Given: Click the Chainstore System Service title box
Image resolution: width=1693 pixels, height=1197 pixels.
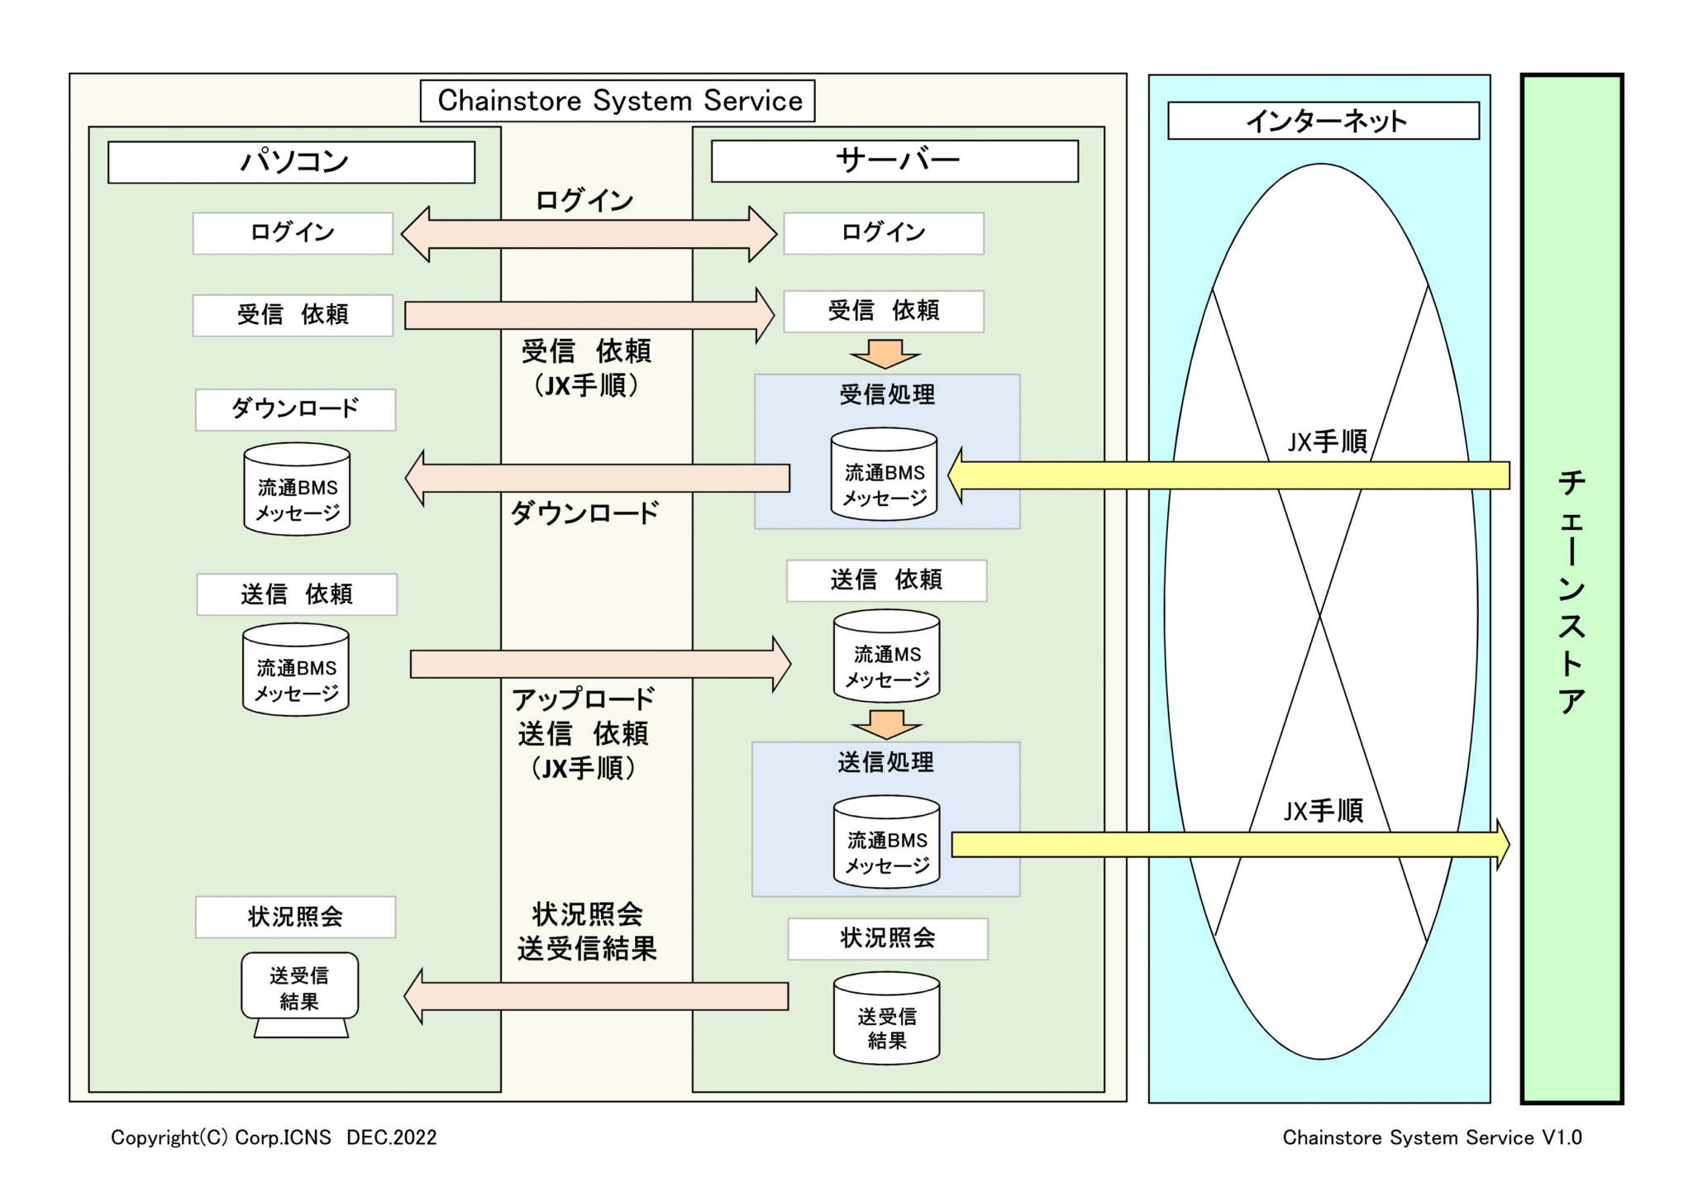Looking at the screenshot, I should coord(618,101).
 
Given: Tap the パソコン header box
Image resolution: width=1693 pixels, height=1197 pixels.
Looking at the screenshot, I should coord(291,162).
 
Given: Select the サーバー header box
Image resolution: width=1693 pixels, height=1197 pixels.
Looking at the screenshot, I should coord(894,161).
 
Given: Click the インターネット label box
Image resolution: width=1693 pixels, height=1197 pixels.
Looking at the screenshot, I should coord(1323,121).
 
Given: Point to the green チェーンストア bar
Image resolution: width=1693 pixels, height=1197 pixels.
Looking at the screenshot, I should coord(1571,589).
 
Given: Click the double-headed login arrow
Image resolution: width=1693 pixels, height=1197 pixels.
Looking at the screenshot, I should coord(589,234).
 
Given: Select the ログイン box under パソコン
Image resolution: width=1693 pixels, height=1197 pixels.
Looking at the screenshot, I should coord(293,233).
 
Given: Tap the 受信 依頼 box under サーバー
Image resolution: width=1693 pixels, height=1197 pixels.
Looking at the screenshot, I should coord(883,312).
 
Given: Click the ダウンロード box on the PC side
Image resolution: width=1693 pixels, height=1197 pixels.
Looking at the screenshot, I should coord(295,409).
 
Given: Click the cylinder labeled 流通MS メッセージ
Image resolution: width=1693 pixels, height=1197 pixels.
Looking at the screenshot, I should coord(886,656).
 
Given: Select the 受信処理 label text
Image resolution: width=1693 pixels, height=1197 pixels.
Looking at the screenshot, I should coord(887,395).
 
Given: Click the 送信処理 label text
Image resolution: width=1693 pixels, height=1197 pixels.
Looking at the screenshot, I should coord(885,762).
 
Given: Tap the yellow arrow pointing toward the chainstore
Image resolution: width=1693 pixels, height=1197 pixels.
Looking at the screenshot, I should coord(1229,844).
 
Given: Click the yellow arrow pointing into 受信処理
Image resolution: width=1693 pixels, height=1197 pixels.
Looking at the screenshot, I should coord(1229,475).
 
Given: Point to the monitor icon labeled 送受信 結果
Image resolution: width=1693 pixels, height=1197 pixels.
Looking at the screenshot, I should coord(299,992).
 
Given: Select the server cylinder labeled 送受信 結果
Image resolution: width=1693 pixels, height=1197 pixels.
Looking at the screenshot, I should coord(886,1018).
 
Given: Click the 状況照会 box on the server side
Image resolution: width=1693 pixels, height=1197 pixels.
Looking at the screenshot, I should coord(887,939).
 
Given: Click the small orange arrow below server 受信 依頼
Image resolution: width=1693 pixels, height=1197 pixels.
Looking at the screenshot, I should coord(885,354).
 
